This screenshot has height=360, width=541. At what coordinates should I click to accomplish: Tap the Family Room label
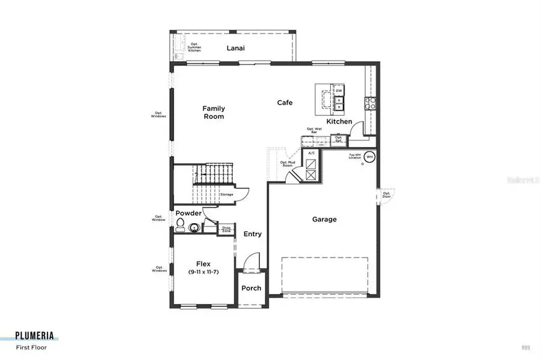tap(213, 112)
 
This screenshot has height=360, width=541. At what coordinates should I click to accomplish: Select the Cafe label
tap(285, 103)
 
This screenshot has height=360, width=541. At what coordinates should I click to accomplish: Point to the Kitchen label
tap(339, 122)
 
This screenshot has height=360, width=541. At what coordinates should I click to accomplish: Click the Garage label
tap(324, 220)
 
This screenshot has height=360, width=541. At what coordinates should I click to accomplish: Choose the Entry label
tap(253, 234)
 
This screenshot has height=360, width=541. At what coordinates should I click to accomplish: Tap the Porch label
tap(251, 288)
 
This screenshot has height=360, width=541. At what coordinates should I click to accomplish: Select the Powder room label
tap(189, 214)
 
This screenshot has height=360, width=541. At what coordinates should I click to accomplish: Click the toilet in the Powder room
tap(180, 226)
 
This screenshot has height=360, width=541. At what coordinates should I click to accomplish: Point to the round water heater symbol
tap(370, 157)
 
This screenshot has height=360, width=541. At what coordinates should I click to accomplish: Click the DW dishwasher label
tap(339, 91)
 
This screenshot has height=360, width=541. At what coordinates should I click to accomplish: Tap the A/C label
tap(312, 154)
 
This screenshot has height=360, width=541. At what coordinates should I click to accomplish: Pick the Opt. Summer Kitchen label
tap(194, 47)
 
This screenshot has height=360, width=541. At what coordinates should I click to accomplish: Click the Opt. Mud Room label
tap(286, 163)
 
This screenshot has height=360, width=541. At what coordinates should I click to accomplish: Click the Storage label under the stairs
tap(226, 194)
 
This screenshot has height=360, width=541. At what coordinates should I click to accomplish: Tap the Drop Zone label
tap(226, 229)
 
